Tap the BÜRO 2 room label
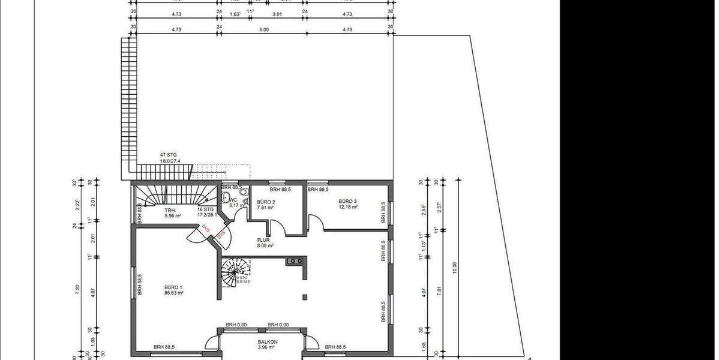click(266, 202)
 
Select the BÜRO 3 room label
click(347, 201)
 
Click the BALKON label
click(265, 341)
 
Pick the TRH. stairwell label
click(170, 211)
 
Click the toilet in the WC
click(226, 202)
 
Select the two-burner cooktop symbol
click(294, 261)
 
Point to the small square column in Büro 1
click(305, 296)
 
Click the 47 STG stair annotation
click(169, 155)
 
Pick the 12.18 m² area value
click(347, 207)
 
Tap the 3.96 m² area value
click(265, 347)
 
